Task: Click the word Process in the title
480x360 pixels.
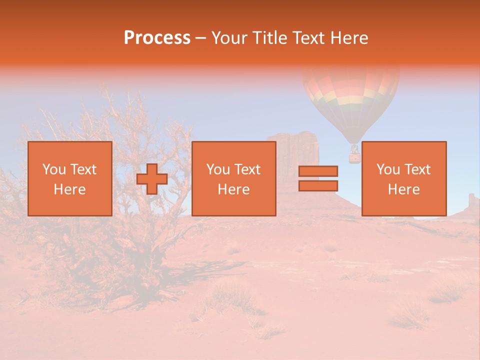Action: tap(157, 38)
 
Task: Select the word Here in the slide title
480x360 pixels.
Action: tap(347, 38)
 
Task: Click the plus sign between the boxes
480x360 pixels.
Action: tap(152, 179)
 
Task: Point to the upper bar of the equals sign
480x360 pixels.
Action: tap(318, 171)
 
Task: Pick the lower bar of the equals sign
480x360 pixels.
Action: tap(318, 185)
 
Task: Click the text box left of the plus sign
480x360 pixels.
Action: tap(69, 178)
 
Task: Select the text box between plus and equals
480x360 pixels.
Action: tap(233, 178)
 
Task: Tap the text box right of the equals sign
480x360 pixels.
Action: tap(403, 178)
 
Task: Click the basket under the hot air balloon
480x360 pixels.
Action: tap(354, 157)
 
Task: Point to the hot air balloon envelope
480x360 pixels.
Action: tap(351, 95)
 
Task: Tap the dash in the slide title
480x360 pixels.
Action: tap(200, 38)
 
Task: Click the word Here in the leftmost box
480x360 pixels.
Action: tap(69, 189)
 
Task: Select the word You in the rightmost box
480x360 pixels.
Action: tap(388, 169)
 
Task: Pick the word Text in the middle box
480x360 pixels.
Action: tap(247, 169)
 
